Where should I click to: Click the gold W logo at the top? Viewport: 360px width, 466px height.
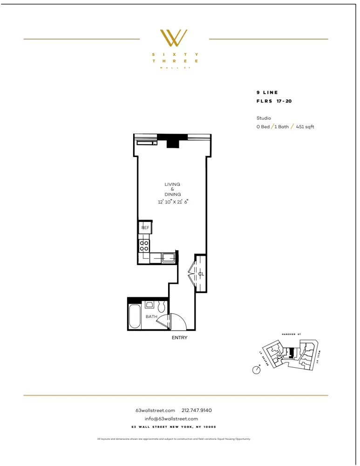[174, 38]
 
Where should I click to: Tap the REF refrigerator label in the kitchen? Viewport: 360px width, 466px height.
[145, 228]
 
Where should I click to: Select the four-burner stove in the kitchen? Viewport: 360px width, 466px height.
[144, 245]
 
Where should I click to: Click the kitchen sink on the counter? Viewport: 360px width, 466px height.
[168, 257]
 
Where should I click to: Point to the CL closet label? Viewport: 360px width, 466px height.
[201, 274]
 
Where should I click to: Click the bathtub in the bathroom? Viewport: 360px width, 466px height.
[135, 317]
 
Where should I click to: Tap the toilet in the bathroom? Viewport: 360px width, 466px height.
[162, 307]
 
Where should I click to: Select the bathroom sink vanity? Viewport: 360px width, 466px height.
[149, 305]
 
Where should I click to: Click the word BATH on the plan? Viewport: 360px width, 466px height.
[151, 317]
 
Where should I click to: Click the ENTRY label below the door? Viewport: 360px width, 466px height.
[179, 337]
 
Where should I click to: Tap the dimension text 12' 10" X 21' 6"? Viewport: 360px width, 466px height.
[172, 202]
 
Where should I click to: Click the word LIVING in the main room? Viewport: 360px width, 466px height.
[172, 184]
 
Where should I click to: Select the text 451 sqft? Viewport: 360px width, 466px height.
[305, 127]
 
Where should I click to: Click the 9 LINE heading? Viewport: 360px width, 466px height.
[267, 92]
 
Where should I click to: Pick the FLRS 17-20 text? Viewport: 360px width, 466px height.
[274, 101]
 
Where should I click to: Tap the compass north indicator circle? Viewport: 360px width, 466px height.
[256, 370]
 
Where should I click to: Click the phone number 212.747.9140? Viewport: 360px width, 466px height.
[197, 410]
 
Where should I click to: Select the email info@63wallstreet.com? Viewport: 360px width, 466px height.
[171, 418]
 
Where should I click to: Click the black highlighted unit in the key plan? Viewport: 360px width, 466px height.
[291, 353]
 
